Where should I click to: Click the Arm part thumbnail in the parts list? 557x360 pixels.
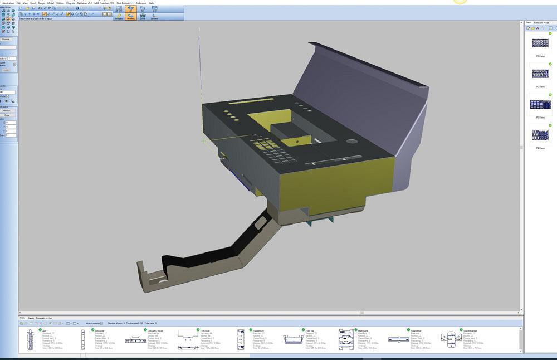30,339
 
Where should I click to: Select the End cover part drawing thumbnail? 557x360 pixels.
188,340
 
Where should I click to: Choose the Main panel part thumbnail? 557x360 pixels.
346,339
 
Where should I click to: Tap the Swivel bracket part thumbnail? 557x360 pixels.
452,340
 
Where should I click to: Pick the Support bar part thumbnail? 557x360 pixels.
399,340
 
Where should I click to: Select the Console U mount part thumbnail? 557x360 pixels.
135,340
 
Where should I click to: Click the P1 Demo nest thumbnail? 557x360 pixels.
540,43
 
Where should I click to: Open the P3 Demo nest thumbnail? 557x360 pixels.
540,104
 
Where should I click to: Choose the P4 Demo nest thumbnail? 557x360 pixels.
540,135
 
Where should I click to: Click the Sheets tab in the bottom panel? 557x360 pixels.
31,318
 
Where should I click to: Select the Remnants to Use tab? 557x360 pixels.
45,318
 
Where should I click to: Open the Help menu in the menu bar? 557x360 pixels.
152,3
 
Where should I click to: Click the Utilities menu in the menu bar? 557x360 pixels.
60,3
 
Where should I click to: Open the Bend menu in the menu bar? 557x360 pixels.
33,3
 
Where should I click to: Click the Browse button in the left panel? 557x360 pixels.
6,39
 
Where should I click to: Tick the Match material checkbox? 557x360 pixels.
101,323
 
